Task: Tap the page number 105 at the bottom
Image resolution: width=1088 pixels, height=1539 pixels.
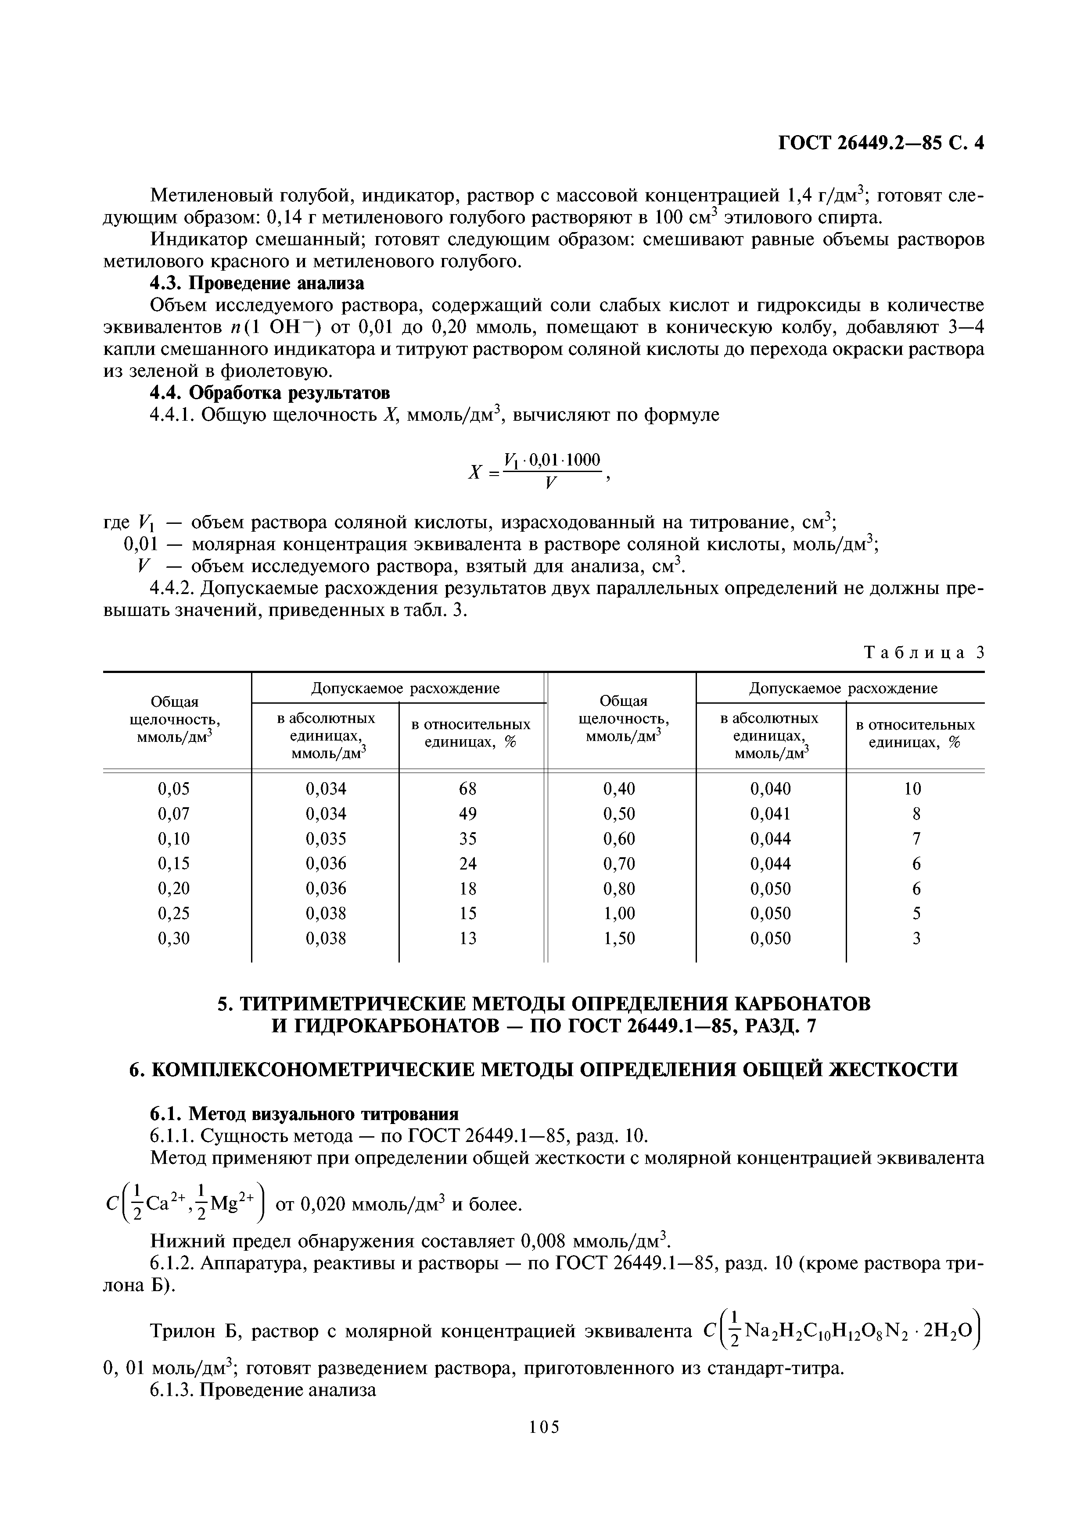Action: [x=544, y=1446]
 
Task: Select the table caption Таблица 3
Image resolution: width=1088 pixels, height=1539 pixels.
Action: [x=924, y=652]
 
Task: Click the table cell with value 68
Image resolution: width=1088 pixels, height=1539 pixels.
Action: [x=467, y=789]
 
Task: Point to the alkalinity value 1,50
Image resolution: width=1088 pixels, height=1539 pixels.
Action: [x=619, y=938]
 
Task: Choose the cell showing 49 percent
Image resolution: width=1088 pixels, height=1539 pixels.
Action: [x=467, y=814]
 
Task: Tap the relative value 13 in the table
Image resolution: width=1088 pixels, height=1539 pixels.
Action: [x=467, y=938]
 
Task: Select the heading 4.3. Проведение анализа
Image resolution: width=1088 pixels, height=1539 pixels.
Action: [x=257, y=283]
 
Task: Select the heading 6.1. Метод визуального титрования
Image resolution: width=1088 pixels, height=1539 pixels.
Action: [x=304, y=1114]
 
